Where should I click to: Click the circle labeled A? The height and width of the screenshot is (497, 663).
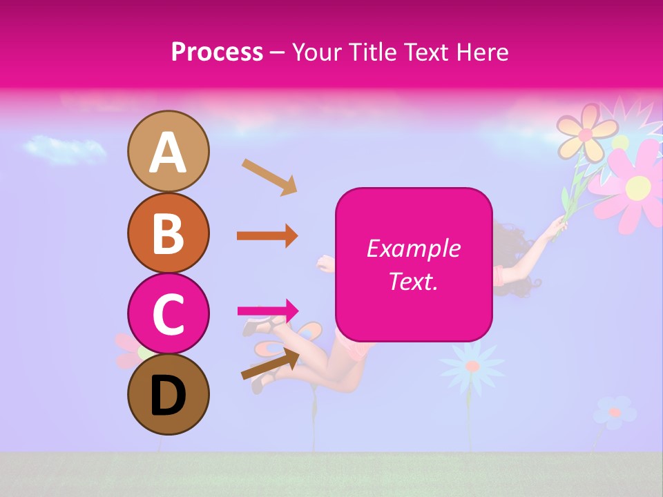(x=168, y=151)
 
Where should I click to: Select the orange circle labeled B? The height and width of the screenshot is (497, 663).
(x=168, y=233)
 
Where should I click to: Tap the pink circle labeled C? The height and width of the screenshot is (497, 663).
(x=168, y=313)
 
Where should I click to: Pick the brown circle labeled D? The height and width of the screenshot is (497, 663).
(x=168, y=394)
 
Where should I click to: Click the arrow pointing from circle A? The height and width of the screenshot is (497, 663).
(x=269, y=177)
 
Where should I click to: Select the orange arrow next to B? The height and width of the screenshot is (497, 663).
(x=267, y=236)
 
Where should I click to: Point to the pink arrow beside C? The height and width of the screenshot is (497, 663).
(x=268, y=311)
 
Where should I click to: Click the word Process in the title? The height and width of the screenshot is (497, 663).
(x=217, y=52)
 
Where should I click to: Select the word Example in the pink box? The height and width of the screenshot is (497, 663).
(x=413, y=248)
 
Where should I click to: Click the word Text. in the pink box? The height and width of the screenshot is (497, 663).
(x=413, y=282)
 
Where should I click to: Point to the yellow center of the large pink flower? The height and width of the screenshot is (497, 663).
(x=639, y=186)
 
